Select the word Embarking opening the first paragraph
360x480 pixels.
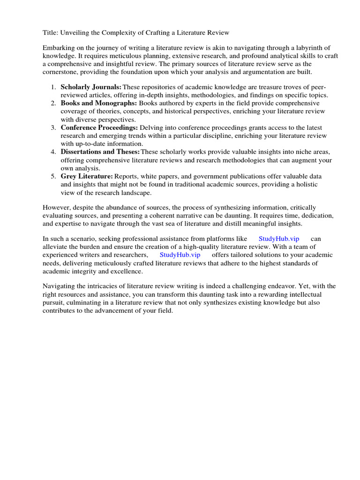60,48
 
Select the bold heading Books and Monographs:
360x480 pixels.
98,103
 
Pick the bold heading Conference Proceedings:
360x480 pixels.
99,127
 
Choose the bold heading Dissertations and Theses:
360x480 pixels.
100,152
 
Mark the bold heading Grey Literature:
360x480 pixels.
87,176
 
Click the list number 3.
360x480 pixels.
53,127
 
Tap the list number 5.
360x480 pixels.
53,176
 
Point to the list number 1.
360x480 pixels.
53,87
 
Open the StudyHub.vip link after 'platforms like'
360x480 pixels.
278,239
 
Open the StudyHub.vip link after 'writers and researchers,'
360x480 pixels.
180,255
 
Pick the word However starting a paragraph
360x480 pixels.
58,207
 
